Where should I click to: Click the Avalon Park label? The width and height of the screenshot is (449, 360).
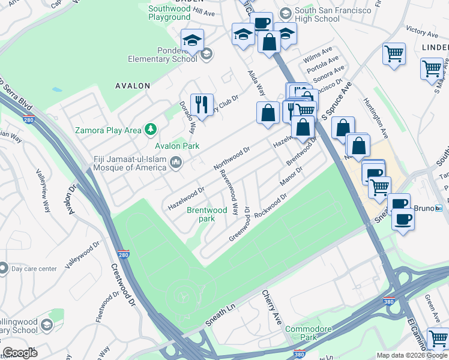tap(177, 146)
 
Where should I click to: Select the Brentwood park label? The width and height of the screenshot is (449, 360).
tap(207, 214)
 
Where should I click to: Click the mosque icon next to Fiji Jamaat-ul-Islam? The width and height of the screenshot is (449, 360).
tap(176, 162)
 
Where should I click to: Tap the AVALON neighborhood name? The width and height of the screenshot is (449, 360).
tap(133, 86)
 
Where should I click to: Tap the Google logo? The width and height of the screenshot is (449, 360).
tap(20, 353)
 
